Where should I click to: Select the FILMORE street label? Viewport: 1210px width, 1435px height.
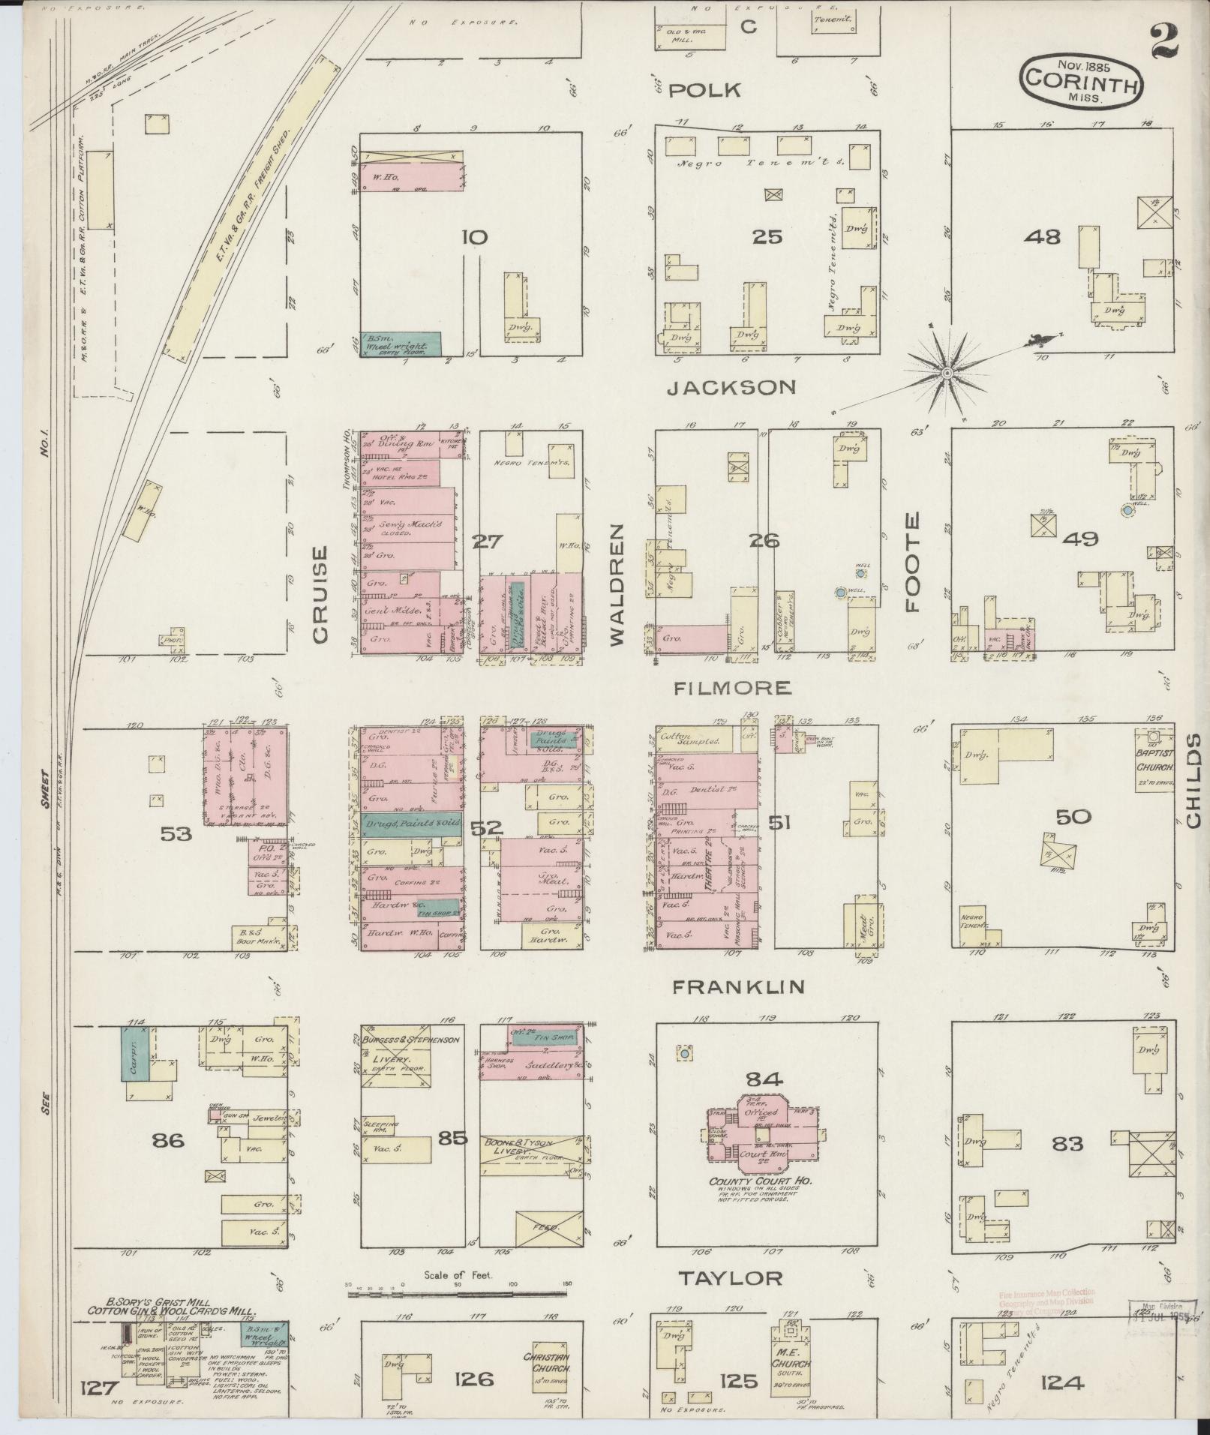tap(721, 687)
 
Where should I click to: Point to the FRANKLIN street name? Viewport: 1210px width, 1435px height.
tap(737, 987)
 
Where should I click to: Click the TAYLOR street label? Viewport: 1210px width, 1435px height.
tap(731, 1278)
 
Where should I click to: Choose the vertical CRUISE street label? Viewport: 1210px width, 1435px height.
tap(320, 594)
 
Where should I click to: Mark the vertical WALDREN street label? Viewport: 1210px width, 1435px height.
tap(617, 585)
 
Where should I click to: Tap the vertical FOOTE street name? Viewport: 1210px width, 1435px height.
tap(912, 563)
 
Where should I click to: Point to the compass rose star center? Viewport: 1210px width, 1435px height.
tap(947, 372)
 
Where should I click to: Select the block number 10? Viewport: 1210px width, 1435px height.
tap(474, 238)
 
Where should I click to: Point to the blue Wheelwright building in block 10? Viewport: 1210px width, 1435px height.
tap(400, 344)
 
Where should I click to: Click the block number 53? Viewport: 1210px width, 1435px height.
tap(176, 833)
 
